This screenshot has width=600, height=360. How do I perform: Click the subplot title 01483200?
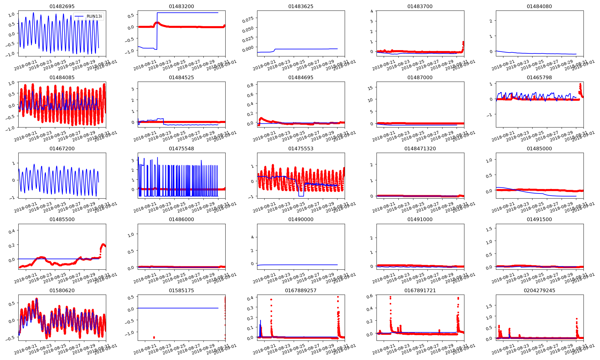point(181,6)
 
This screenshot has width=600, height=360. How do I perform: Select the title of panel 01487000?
point(420,77)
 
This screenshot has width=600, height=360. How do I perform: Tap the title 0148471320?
point(420,148)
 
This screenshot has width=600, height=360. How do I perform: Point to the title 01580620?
point(62,290)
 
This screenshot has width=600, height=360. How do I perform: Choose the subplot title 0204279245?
point(539,290)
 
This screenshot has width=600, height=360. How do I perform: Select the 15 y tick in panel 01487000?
point(370,88)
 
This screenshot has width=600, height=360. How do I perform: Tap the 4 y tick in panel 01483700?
point(372,11)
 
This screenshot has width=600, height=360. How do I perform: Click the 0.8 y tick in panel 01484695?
point(250,85)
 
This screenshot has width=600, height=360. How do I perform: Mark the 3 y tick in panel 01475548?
point(133,160)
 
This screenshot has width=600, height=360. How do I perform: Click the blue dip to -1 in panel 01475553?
point(301,196)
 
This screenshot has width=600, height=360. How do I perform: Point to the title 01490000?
point(301,219)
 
